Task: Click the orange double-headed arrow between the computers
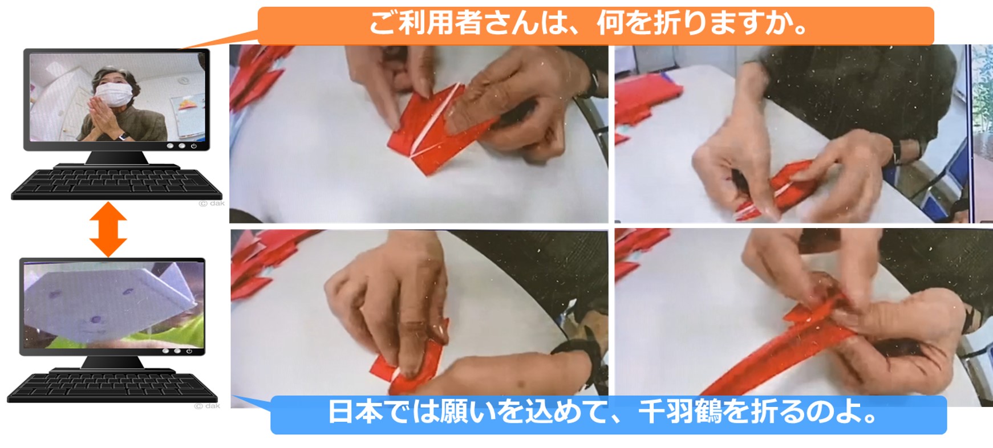(x=108, y=229)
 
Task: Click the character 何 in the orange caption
(x=610, y=23)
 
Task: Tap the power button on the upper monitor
(x=194, y=146)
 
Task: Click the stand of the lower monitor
(x=112, y=363)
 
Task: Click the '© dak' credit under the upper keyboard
(x=212, y=203)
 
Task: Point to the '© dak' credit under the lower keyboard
(x=207, y=406)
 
